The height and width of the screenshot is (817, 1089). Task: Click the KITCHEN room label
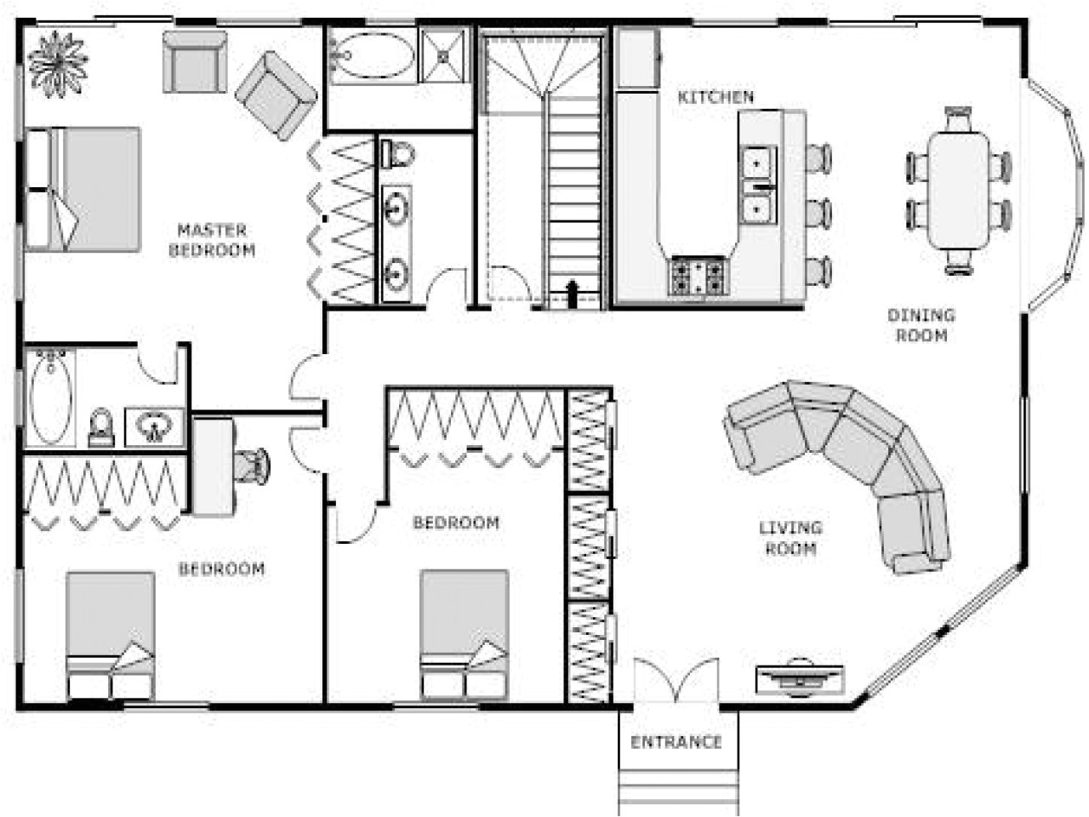point(716,97)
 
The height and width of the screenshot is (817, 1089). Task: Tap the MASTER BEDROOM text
point(212,240)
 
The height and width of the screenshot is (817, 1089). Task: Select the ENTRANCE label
point(676,742)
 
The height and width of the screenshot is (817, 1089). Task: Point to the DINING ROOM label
point(921,325)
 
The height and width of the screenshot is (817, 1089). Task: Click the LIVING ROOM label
point(790,538)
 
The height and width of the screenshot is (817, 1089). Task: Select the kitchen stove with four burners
point(699,276)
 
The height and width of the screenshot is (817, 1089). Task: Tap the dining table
point(959,189)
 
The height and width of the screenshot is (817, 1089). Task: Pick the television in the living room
point(800,677)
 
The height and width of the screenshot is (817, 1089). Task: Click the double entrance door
point(676,681)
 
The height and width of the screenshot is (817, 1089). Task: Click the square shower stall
point(444,56)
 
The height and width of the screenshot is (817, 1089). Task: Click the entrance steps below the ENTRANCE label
point(677,787)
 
